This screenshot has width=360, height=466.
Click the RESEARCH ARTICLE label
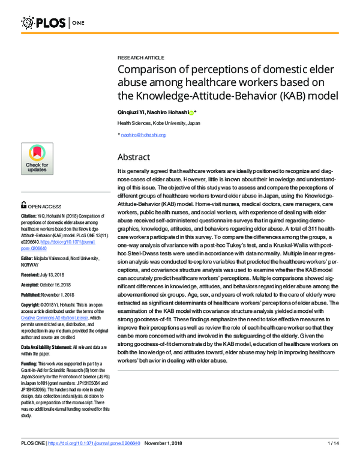tap(140, 57)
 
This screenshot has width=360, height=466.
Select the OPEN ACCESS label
tap(49, 205)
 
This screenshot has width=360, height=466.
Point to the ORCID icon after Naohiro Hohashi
tap(191, 112)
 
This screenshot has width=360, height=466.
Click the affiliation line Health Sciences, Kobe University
tap(158, 123)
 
